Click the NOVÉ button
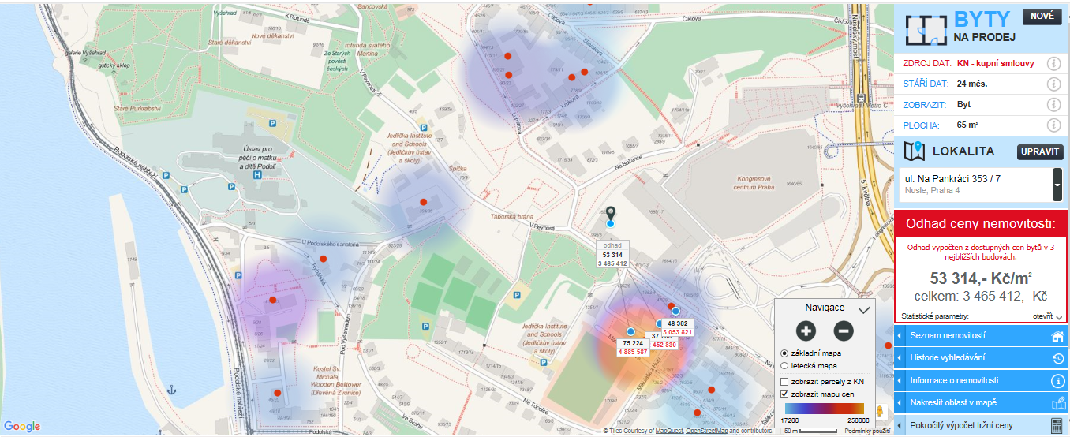click(1042, 17)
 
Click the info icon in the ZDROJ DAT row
click(1053, 64)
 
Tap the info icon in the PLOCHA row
click(1053, 125)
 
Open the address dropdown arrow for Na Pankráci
click(1057, 185)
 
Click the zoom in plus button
click(805, 331)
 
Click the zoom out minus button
click(844, 331)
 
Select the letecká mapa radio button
click(784, 366)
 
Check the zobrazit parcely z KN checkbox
click(784, 382)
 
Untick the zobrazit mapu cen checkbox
click(784, 394)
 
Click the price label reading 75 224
click(632, 344)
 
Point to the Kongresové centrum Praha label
click(756, 182)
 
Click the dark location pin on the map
click(610, 214)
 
